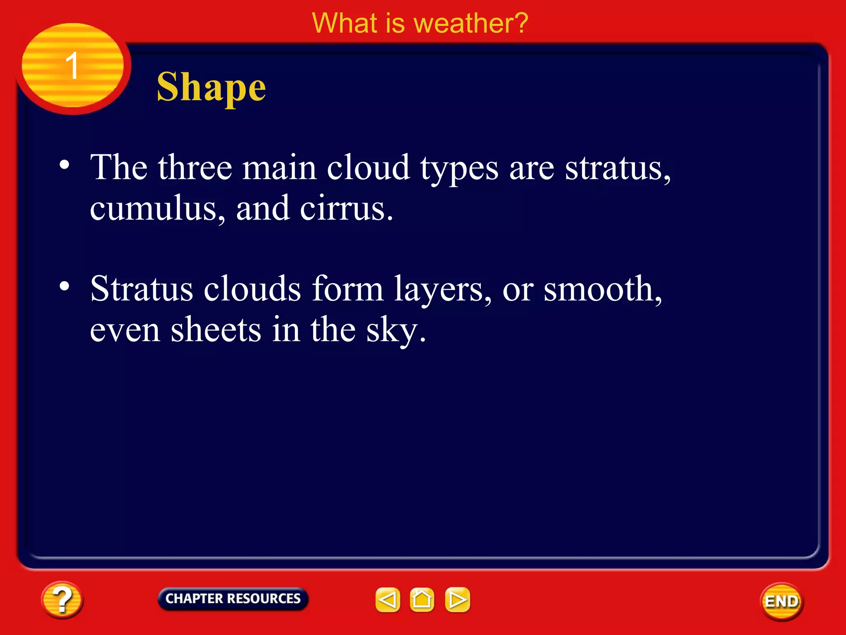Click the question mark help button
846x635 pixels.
62,599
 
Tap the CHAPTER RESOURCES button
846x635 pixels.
233,599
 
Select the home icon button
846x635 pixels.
422,599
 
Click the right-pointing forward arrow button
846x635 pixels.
457,599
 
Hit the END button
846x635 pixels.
781,602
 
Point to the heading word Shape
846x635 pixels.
211,88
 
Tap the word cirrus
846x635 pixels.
346,209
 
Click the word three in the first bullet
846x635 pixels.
195,167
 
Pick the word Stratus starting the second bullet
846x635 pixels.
142,289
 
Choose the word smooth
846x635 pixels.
602,289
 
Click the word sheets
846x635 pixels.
216,330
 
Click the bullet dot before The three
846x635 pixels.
64,165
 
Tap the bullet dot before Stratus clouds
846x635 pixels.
64,286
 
